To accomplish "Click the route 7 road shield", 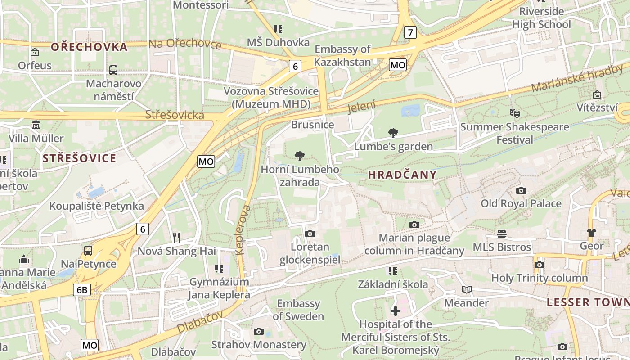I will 410,32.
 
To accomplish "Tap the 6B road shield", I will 82,290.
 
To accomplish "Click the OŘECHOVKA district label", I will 89,47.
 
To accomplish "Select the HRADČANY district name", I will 402,175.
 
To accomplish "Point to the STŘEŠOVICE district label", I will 79,158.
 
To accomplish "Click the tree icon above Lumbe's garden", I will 393,133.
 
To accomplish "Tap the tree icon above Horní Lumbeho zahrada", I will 299,156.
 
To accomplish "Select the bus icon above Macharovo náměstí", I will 113,70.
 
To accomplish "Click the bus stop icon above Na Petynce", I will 88,251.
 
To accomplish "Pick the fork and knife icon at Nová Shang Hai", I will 176,237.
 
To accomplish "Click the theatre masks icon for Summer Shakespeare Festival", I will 514,113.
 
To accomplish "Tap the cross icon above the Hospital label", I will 395,310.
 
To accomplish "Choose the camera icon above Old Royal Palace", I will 521,190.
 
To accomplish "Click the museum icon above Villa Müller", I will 36,125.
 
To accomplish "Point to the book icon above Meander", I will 467,289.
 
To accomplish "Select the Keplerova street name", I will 242,230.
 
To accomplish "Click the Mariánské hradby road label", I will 577,78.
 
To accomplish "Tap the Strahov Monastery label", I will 259,345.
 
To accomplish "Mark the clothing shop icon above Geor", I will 591,233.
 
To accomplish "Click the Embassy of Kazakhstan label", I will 343,55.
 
